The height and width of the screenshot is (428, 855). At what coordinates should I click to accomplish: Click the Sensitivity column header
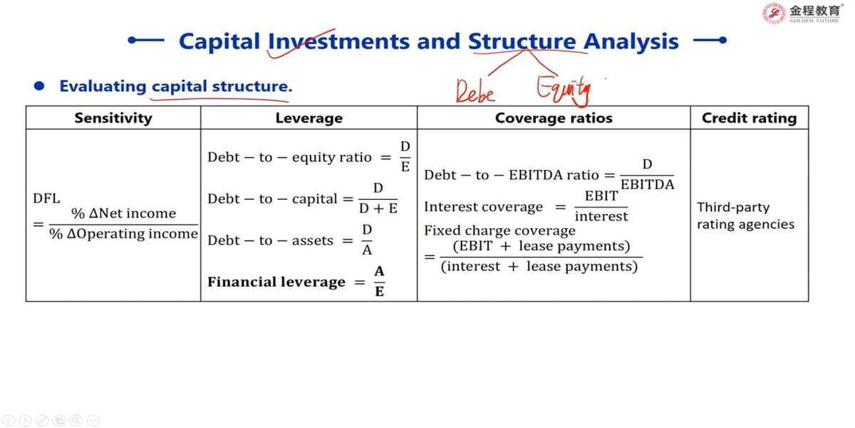click(x=113, y=118)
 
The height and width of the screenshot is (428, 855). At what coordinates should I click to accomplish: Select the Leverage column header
click(x=309, y=118)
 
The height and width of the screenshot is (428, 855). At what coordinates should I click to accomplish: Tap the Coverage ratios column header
click(x=554, y=118)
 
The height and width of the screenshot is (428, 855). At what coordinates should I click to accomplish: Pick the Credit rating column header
click(x=749, y=118)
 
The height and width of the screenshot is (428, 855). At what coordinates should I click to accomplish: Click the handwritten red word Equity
click(x=564, y=91)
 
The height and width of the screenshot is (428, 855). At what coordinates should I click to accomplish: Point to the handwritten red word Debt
click(x=475, y=92)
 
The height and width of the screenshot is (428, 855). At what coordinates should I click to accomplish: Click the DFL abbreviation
click(x=46, y=198)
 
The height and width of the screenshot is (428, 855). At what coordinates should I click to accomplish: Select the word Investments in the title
click(x=339, y=41)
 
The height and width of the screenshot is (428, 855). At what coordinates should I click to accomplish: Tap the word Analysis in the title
click(x=631, y=41)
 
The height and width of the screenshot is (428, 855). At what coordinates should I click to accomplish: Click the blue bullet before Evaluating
click(x=39, y=86)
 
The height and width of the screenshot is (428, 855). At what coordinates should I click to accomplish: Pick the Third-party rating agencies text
click(x=745, y=215)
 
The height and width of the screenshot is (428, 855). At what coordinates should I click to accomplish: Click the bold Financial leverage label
click(x=276, y=282)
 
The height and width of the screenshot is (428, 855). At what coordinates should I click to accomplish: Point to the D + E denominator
click(x=378, y=208)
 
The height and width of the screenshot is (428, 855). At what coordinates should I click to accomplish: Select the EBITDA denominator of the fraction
click(x=648, y=185)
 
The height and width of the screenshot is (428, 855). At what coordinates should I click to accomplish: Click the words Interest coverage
click(x=483, y=207)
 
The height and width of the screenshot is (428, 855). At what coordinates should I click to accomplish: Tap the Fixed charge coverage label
click(x=499, y=231)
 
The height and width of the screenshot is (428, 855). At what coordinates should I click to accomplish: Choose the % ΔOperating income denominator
click(x=124, y=234)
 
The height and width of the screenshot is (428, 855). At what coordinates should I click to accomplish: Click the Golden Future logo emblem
click(x=773, y=14)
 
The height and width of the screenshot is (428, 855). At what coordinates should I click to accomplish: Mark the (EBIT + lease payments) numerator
click(x=541, y=246)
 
